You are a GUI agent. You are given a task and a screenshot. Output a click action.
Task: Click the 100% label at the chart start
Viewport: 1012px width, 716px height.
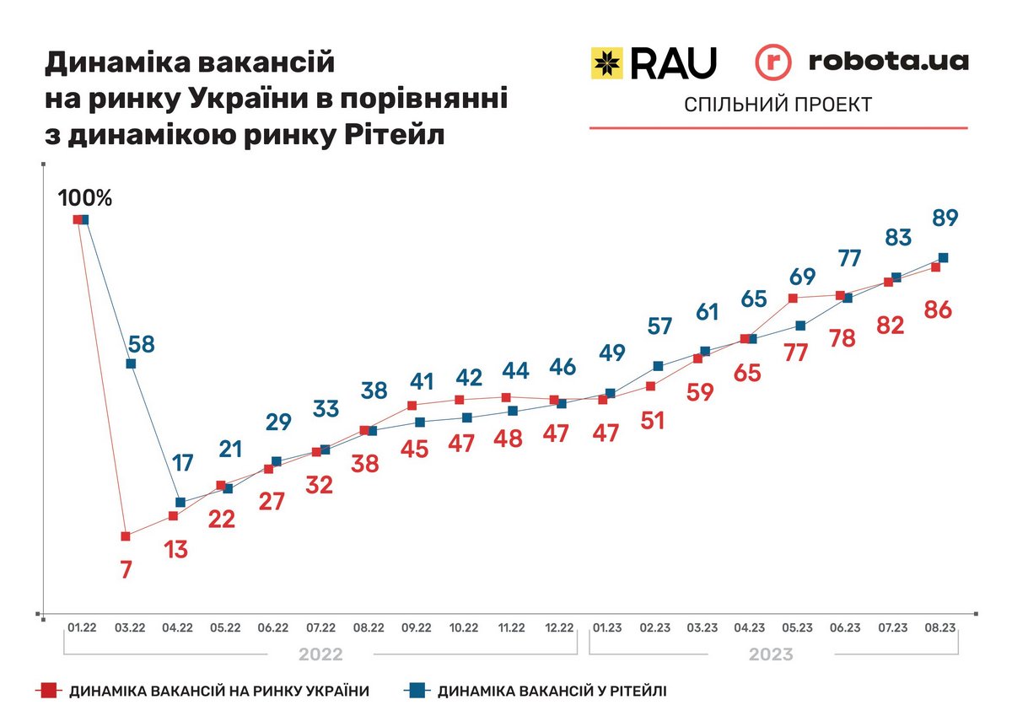coord(84,198)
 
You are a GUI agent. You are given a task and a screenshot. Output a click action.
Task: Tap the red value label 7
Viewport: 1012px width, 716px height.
coord(126,569)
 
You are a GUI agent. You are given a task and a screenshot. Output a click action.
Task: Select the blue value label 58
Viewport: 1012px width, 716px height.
coord(141,344)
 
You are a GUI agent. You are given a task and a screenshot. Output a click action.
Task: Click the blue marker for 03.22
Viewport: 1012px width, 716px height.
coord(131,363)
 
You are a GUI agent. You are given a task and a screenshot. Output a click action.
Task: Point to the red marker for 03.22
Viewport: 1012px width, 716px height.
coord(126,536)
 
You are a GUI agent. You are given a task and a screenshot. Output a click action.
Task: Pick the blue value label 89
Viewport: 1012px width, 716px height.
coord(945,218)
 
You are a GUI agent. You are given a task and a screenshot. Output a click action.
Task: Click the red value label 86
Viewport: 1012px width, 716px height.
coord(938,310)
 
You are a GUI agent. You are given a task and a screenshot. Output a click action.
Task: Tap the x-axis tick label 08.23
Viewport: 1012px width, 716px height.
coord(939,627)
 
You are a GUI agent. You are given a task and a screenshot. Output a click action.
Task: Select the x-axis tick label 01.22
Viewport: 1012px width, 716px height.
coord(83,627)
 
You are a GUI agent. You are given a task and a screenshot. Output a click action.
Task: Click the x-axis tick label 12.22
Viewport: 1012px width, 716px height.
coord(559,627)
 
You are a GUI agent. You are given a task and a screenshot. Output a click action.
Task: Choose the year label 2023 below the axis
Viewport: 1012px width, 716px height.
coord(772,654)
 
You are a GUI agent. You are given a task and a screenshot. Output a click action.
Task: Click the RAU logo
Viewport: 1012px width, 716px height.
coord(654,62)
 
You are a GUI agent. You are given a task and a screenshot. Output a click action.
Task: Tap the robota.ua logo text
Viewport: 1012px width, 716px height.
coord(888,61)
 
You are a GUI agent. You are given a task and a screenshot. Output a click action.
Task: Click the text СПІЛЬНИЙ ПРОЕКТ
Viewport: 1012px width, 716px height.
coord(778,105)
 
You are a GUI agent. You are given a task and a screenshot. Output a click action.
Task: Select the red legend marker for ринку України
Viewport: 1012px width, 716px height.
coord(50,691)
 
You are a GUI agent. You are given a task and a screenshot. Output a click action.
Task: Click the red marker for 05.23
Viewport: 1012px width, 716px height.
coord(793,298)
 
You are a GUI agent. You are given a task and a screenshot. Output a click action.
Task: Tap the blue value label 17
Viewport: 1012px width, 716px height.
coord(182,462)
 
